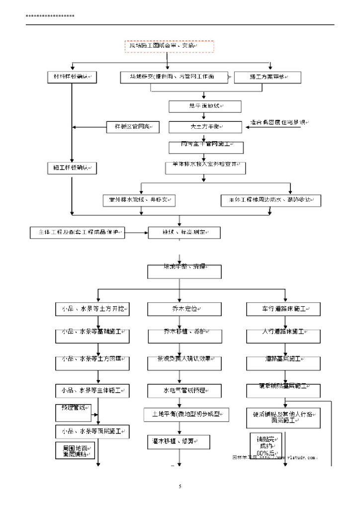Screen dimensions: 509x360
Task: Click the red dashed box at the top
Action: pyautogui.click(x=169, y=46)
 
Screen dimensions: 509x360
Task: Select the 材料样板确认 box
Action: pyautogui.click(x=71, y=77)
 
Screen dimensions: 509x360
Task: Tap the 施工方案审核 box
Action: pyautogui.click(x=268, y=77)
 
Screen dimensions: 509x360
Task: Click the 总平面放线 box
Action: pyautogui.click(x=204, y=106)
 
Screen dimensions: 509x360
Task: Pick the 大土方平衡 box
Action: pyautogui.click(x=204, y=127)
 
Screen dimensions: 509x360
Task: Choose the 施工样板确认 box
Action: pyautogui.click(x=71, y=168)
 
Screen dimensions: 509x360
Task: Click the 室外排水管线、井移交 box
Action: pyautogui.click(x=142, y=200)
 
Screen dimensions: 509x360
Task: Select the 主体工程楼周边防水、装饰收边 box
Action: pyautogui.click(x=270, y=200)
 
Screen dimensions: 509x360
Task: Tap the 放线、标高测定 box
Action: pyautogui.click(x=184, y=232)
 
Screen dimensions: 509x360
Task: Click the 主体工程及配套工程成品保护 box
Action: pyautogui.click(x=78, y=232)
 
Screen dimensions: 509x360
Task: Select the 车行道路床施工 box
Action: pyautogui.click(x=283, y=309)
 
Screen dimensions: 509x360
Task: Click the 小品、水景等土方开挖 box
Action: pyautogui.click(x=92, y=309)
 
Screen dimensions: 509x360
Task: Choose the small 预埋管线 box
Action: pyautogui.click(x=73, y=412)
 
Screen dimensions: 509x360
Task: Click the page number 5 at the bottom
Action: pyautogui.click(x=180, y=486)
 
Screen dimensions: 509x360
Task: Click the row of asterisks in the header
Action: pyautogui.click(x=50, y=17)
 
